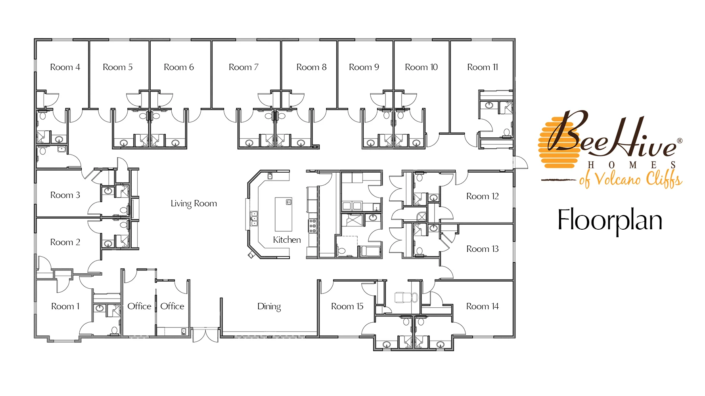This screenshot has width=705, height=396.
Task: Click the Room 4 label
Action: pos(65,67)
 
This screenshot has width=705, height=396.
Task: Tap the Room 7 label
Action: pos(243,67)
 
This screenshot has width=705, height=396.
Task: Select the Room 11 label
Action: pos(483,67)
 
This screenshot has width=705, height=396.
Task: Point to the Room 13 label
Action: pos(483,249)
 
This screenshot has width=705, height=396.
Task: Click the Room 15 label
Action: pos(347,307)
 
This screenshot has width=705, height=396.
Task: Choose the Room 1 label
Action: pos(65,307)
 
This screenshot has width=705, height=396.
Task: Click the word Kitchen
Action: pos(287,240)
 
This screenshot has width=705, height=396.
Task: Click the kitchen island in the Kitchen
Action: pos(284,214)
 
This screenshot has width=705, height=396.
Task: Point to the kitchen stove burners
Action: pos(313,226)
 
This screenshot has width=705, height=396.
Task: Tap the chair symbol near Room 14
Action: pos(406,297)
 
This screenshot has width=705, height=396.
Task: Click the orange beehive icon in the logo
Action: pos(557,143)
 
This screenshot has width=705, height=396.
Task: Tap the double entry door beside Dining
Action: pos(205,335)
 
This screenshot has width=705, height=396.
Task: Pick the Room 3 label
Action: pos(65,195)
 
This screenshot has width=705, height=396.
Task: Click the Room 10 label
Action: pos(421,67)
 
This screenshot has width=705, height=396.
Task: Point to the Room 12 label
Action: pos(483,196)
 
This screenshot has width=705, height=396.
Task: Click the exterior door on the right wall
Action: pos(521,162)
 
